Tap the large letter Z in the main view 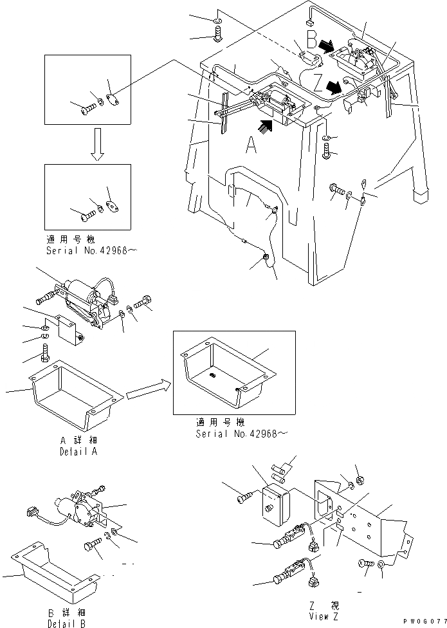318,83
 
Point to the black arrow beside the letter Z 333,86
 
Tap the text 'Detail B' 65,623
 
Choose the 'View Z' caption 321,615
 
